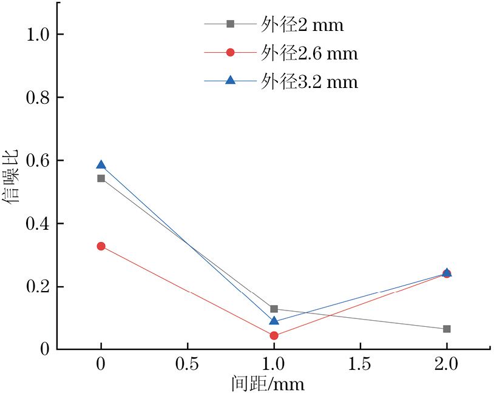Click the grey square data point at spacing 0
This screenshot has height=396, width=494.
point(101,178)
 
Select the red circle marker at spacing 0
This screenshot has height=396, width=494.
point(101,246)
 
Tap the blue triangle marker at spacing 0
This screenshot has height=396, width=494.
point(101,165)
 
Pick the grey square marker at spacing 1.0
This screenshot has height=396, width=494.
point(274,309)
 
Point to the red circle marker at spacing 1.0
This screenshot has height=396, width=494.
point(274,335)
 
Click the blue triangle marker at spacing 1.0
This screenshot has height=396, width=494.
point(274,321)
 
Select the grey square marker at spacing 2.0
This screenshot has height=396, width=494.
point(447,329)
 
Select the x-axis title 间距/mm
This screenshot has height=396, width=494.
point(267,384)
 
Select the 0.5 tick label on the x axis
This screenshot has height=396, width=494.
point(187,364)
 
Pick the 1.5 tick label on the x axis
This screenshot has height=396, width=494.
point(360,364)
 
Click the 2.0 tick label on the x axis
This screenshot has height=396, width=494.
point(447,364)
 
